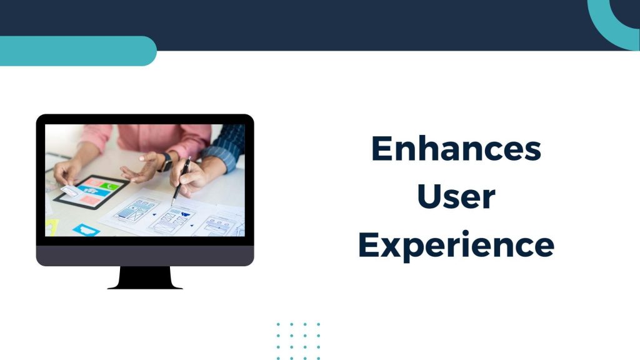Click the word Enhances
click(x=456, y=149)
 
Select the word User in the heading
click(x=456, y=196)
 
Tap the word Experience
click(x=456, y=245)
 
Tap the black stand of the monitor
click(x=145, y=278)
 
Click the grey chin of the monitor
click(x=145, y=256)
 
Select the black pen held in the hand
click(x=181, y=181)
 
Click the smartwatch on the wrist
click(x=166, y=162)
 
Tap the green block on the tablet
click(x=109, y=186)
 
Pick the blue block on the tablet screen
click(x=94, y=191)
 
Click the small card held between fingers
click(x=69, y=191)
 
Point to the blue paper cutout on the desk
click(x=86, y=230)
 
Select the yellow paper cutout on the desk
click(x=52, y=227)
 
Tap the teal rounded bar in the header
click(x=77, y=51)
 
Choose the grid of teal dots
click(x=298, y=341)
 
